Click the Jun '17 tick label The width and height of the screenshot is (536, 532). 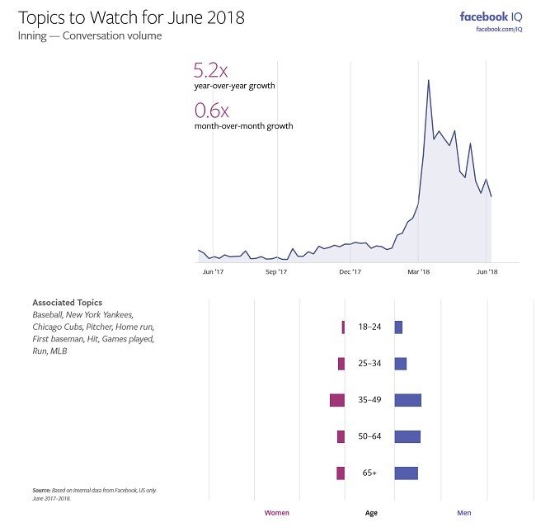213,271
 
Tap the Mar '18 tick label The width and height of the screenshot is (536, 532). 419,271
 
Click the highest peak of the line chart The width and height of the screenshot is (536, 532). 428,81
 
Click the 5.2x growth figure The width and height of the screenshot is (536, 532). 212,71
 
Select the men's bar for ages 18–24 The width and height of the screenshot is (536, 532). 398,327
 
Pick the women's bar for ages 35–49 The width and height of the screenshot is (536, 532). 336,400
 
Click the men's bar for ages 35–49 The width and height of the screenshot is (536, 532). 407,400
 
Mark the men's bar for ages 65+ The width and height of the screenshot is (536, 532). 406,473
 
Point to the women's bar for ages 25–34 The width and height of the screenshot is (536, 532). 341,364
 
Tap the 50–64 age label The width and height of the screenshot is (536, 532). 369,436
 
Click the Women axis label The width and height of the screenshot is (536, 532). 276,513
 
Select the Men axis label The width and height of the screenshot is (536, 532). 464,513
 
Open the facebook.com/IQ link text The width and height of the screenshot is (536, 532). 500,31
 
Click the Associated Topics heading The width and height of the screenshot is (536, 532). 68,302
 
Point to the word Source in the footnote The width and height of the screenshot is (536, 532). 41,490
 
